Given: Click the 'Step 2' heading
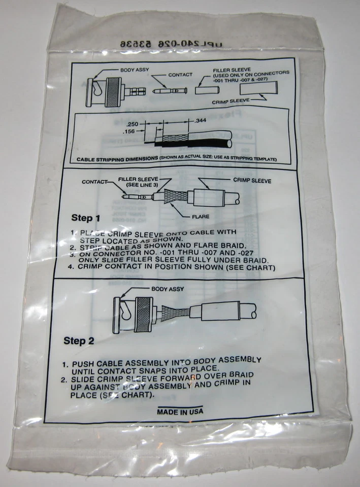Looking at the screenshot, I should coord(79,341).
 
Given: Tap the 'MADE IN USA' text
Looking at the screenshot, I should coord(180,411).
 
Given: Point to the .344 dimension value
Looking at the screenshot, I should coord(201,120).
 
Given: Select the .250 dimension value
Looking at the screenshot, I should coord(133,124).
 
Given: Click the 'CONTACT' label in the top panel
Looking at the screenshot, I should coord(179,75).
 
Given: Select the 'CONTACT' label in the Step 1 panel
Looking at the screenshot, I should coord(95,182).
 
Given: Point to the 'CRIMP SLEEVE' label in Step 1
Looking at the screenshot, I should coord(252,180).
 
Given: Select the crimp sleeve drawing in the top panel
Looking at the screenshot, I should coord(259,90).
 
